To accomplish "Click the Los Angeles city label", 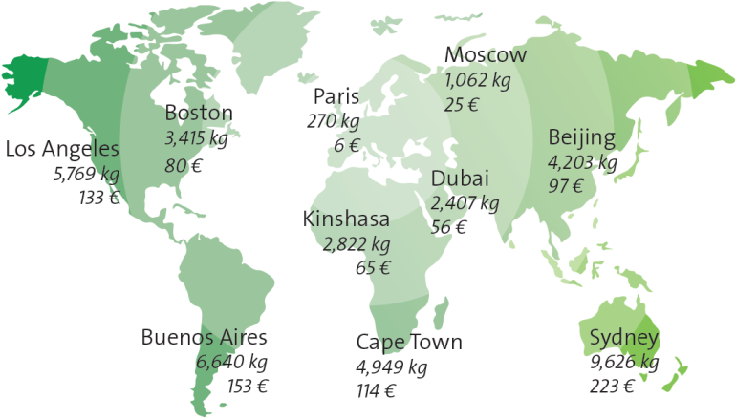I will click(x=62, y=149).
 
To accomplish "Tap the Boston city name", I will click(x=199, y=114).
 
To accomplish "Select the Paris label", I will click(x=336, y=97).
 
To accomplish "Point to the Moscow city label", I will click(x=486, y=55).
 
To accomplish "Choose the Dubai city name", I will click(x=460, y=179).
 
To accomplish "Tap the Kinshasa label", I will click(x=346, y=219).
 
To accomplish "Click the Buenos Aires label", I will click(x=205, y=338).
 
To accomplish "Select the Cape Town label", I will click(x=409, y=343).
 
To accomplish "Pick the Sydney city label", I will click(x=623, y=339).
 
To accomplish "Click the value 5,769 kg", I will click(x=86, y=175).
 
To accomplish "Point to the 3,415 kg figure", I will click(x=196, y=139).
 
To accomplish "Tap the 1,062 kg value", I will click(x=477, y=80).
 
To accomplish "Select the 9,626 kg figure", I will click(x=624, y=363).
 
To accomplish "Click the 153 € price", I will click(x=248, y=387).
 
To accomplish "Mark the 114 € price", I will click(x=376, y=390).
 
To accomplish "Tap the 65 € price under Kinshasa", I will click(x=372, y=268).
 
